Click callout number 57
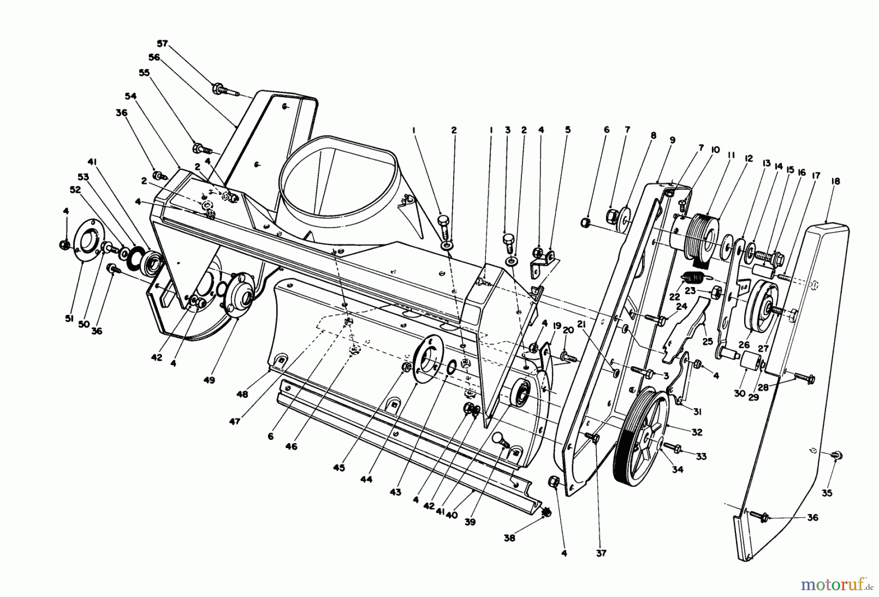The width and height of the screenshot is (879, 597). (x=162, y=43)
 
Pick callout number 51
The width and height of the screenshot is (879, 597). (x=68, y=319)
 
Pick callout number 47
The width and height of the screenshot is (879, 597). (x=235, y=422)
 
